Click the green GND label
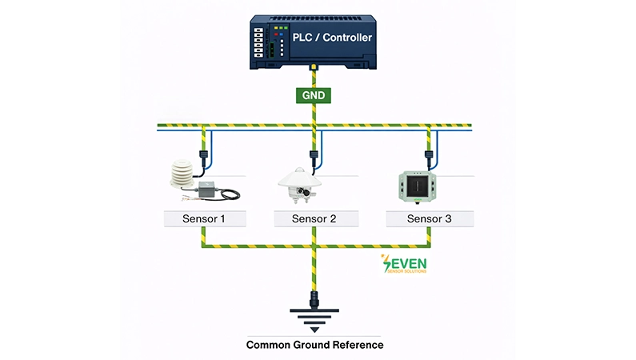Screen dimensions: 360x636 click(x=314, y=94)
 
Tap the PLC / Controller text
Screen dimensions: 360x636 click(x=330, y=37)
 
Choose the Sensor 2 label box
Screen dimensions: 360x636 click(x=314, y=218)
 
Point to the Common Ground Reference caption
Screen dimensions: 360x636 click(x=314, y=345)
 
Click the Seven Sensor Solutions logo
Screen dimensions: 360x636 click(x=405, y=265)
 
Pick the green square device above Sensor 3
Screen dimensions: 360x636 click(x=418, y=185)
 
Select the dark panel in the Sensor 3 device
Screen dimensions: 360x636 click(x=418, y=185)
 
